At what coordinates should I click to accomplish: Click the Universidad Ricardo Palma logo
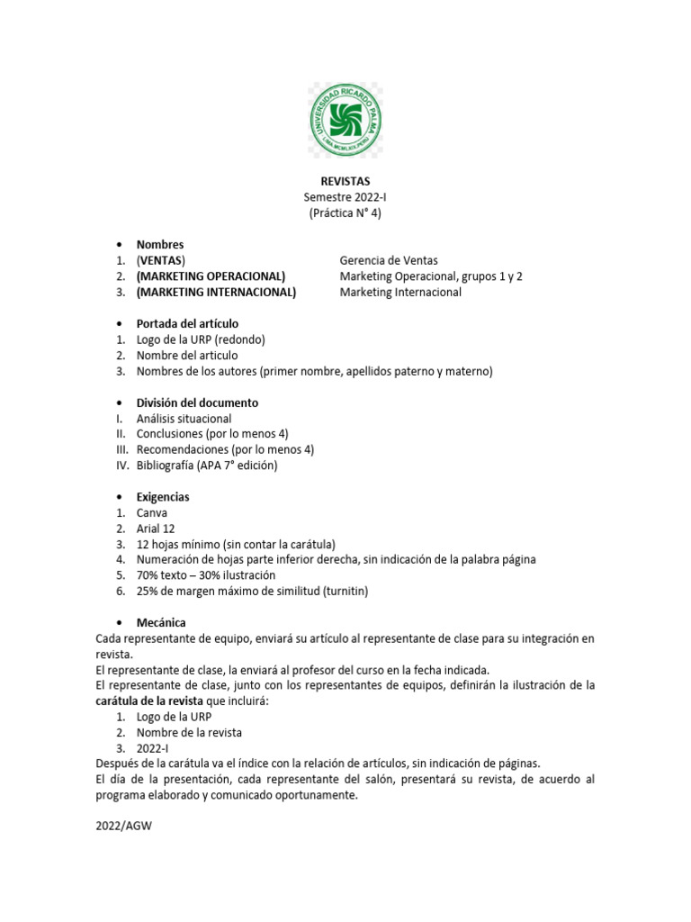[x=345, y=120]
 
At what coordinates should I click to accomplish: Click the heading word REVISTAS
[x=345, y=181]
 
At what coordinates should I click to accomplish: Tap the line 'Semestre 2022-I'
[x=345, y=197]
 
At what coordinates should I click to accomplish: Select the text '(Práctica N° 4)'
[x=345, y=213]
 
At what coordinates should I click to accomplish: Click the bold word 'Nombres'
[x=160, y=244]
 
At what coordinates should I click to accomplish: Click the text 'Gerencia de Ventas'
[x=389, y=260]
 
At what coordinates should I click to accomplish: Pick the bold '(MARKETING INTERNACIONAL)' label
[x=216, y=292]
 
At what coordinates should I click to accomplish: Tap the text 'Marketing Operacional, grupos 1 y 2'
[x=431, y=276]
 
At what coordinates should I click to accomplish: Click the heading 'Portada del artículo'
[x=187, y=323]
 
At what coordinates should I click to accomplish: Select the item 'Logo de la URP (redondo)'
[x=201, y=339]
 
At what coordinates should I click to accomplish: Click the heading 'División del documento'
[x=197, y=402]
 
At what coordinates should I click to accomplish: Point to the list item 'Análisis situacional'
[x=184, y=419]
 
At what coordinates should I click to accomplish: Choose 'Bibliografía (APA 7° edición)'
[x=207, y=466]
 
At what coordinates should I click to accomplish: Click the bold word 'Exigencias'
[x=163, y=497]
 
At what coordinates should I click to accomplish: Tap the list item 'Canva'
[x=152, y=512]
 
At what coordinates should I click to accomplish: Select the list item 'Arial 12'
[x=157, y=529]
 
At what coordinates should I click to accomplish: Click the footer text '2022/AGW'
[x=123, y=824]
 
